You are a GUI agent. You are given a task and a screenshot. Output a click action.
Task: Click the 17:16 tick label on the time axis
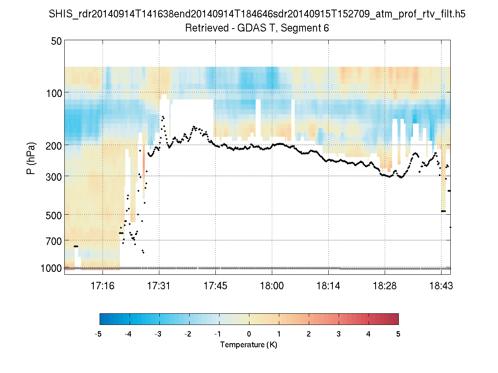coord(103,286)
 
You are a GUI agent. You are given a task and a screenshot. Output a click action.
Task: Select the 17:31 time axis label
coord(159,286)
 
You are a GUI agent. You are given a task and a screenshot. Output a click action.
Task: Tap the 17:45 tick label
coord(215,286)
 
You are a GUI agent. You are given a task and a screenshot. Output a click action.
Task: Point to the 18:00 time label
coord(272,286)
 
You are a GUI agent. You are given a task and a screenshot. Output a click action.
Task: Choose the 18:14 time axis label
coord(328,286)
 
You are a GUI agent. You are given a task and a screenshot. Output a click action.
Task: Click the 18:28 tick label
coord(385,286)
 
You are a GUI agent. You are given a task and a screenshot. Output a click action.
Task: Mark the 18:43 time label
coord(441,286)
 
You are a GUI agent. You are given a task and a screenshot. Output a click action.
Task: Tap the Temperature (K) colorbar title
coord(249,345)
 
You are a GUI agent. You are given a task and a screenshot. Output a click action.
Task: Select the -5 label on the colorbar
coord(99,334)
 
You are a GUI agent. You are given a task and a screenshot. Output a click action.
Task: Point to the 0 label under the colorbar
coord(249,334)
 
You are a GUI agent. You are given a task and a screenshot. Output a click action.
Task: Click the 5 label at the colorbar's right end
coord(398,334)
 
